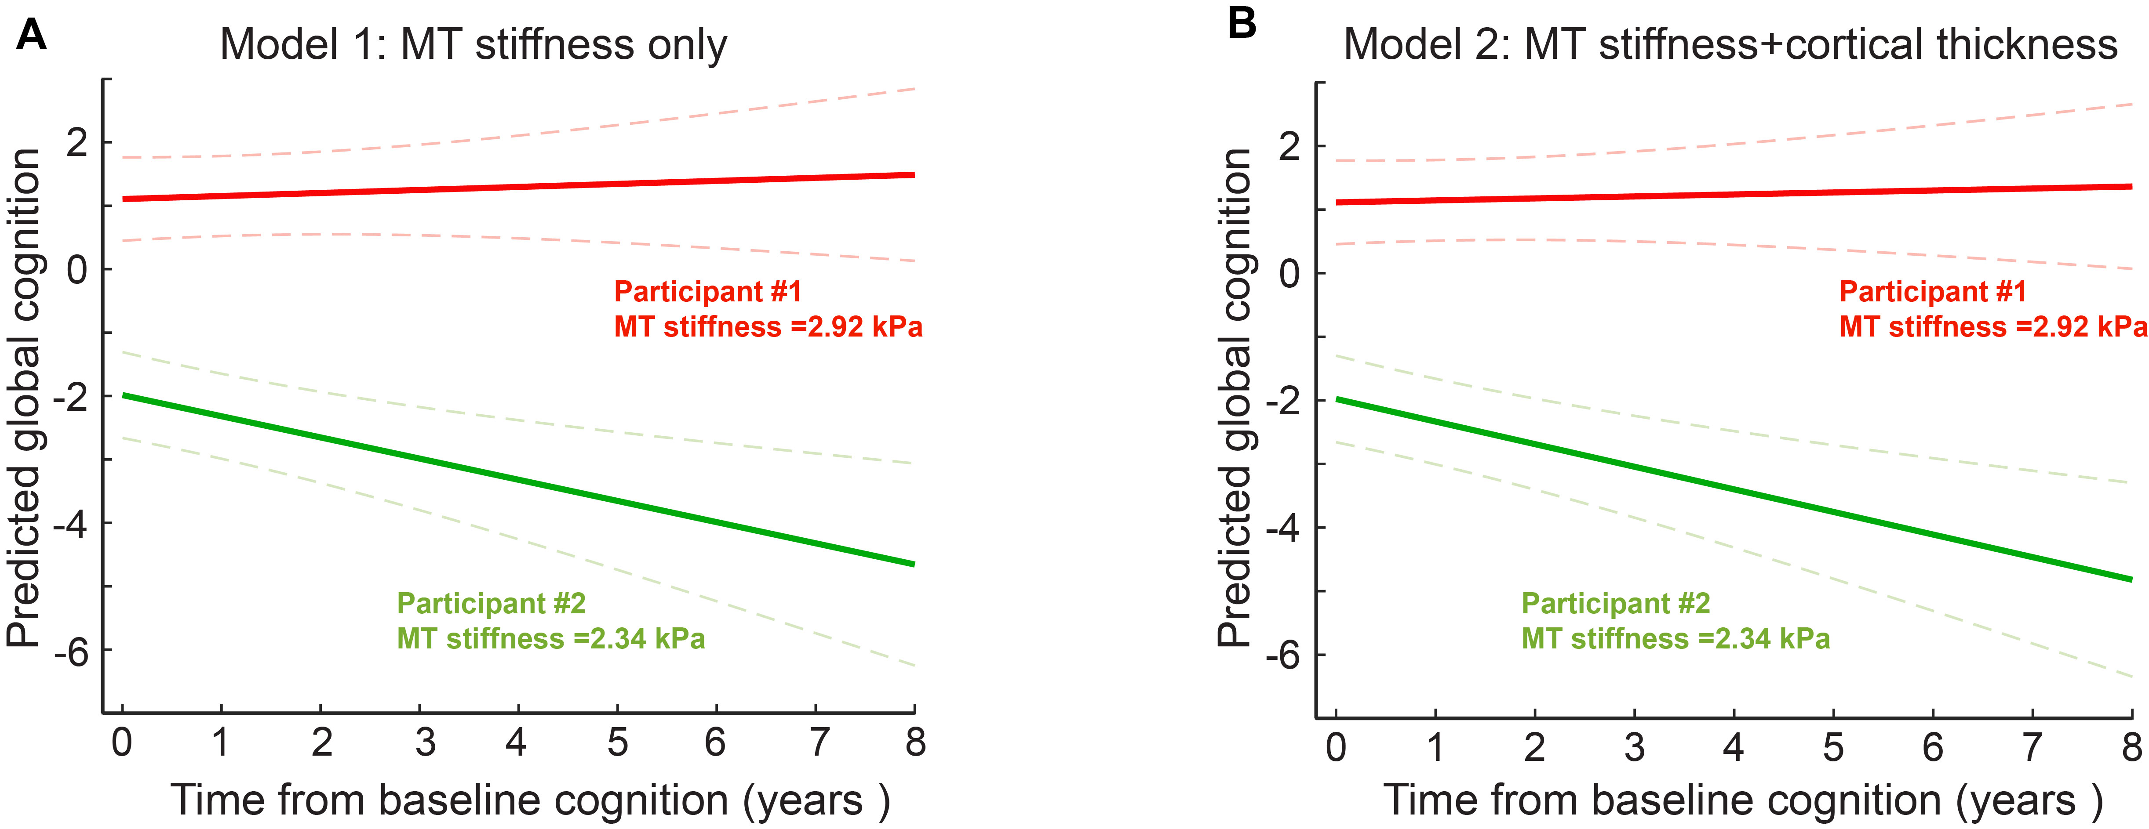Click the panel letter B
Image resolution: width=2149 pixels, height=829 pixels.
click(1242, 23)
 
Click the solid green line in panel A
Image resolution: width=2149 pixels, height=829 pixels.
click(517, 480)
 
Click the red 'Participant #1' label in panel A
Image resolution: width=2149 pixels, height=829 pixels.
click(707, 292)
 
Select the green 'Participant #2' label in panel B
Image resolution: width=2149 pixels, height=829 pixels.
click(1615, 603)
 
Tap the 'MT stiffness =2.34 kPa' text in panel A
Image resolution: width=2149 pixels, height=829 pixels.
click(550, 639)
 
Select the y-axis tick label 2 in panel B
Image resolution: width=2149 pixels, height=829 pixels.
click(1289, 147)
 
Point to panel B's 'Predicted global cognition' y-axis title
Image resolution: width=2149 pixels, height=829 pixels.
click(1234, 398)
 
